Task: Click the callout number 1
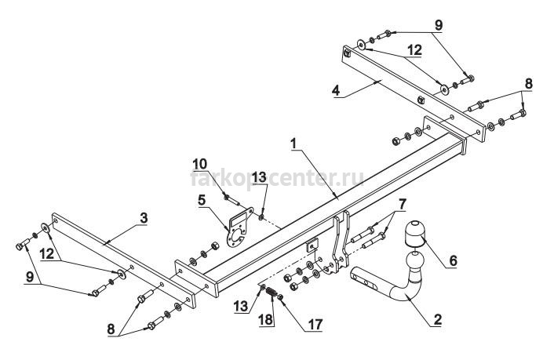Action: [293, 144]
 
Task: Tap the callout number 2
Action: [437, 319]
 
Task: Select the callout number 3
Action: [144, 218]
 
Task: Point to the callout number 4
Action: [336, 90]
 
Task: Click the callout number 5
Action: [202, 200]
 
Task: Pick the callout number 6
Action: [454, 260]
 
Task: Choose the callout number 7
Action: [402, 204]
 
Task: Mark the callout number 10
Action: [200, 164]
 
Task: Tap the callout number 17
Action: [315, 325]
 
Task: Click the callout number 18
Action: [266, 319]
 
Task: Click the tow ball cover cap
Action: [415, 233]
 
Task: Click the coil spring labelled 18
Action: [271, 293]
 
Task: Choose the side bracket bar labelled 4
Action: [414, 93]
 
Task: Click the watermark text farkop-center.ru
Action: [277, 178]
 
